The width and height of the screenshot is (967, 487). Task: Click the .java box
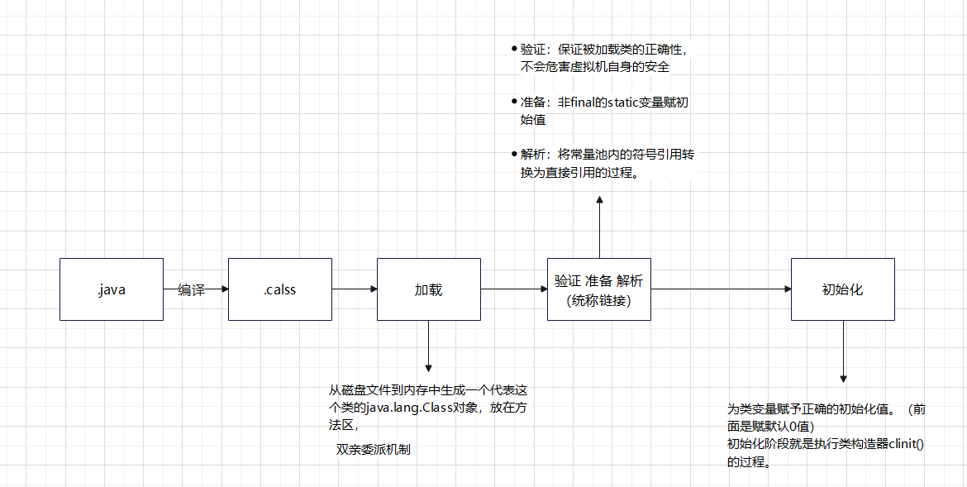111,289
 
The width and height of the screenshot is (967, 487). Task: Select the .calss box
279,289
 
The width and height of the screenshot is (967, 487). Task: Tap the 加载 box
428,289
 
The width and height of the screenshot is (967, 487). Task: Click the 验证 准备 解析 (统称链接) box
598,289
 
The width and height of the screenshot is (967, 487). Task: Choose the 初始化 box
842,289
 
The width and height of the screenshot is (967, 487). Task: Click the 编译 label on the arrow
191,289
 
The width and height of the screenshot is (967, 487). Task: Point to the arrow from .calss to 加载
354,289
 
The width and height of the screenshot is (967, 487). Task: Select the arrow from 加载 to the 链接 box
513,289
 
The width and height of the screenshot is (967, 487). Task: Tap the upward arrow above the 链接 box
599,227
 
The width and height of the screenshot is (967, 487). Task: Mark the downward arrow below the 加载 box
428,347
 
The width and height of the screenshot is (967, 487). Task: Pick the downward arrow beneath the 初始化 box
843,351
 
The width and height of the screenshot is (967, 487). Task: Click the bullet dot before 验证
514,49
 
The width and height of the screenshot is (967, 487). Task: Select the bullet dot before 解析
514,155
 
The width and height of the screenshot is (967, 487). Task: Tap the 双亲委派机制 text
373,449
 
